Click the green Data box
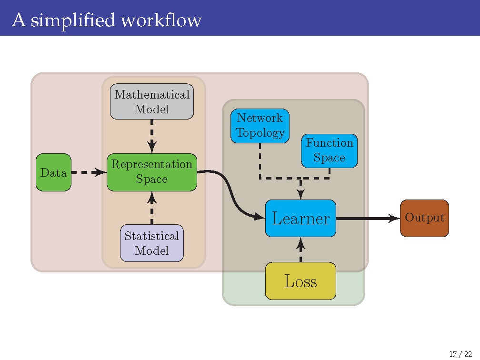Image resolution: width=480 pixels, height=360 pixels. (x=53, y=172)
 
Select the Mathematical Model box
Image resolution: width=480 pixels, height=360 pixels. (x=151, y=101)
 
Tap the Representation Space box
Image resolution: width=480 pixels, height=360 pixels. (x=151, y=172)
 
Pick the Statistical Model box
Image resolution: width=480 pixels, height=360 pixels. (x=151, y=243)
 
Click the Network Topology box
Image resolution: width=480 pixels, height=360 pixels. (x=260, y=126)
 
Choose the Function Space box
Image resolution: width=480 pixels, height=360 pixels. (x=329, y=150)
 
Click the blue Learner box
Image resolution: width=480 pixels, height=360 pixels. (x=300, y=219)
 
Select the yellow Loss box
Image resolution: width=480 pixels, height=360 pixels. (x=300, y=281)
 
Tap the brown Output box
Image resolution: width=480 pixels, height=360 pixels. (x=424, y=218)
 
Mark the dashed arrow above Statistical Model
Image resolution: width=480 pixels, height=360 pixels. (x=151, y=208)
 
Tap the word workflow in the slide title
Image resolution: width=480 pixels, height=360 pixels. (x=161, y=20)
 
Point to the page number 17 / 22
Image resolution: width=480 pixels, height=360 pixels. (x=460, y=353)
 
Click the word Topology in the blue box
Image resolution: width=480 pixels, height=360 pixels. (x=260, y=133)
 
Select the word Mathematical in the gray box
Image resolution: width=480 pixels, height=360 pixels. (x=151, y=94)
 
